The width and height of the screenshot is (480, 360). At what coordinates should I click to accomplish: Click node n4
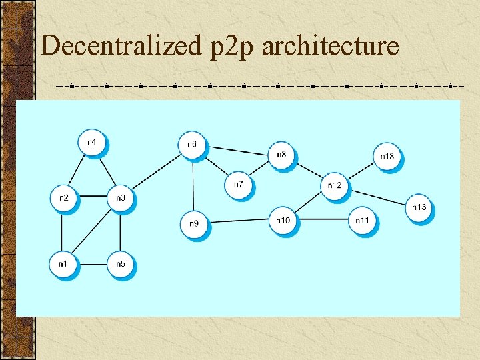click(x=92, y=143)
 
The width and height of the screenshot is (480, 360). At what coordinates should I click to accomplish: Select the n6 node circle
click(x=192, y=145)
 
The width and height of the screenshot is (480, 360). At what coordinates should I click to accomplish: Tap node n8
click(x=281, y=155)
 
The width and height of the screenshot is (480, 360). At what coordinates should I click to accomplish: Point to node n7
click(x=238, y=184)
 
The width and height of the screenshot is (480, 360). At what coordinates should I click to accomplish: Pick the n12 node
click(x=335, y=185)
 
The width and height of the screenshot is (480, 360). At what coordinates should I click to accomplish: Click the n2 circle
click(x=63, y=198)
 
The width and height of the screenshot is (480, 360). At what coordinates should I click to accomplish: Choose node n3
click(x=120, y=198)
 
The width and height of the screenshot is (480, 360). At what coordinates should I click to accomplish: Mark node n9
click(x=193, y=224)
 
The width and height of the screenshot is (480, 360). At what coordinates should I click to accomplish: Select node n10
click(x=283, y=221)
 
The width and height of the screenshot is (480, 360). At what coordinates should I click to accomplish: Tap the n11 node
click(x=362, y=221)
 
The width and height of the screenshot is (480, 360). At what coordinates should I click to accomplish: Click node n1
click(x=63, y=264)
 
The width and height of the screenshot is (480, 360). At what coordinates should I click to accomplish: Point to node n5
click(x=120, y=264)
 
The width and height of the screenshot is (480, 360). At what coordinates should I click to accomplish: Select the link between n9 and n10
click(x=238, y=221)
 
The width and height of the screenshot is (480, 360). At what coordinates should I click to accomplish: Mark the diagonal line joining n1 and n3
click(x=91, y=231)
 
